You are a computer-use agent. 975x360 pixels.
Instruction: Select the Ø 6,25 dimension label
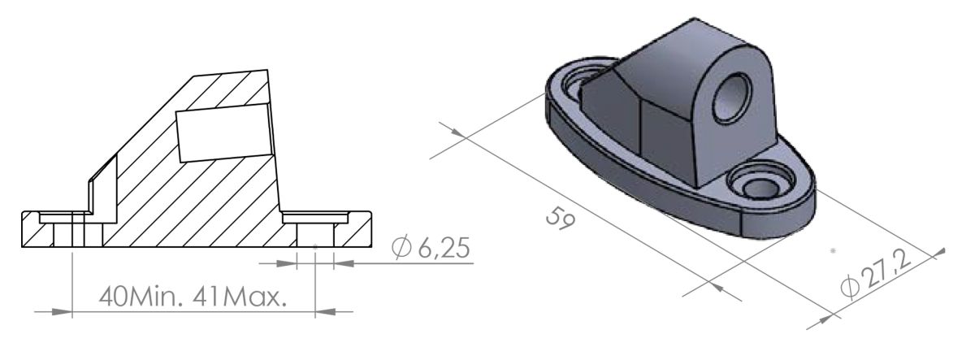coord(430,248)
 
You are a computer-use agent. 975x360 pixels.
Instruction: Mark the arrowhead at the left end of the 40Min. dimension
coord(64,310)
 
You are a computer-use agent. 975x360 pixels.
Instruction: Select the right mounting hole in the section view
coord(314,236)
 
